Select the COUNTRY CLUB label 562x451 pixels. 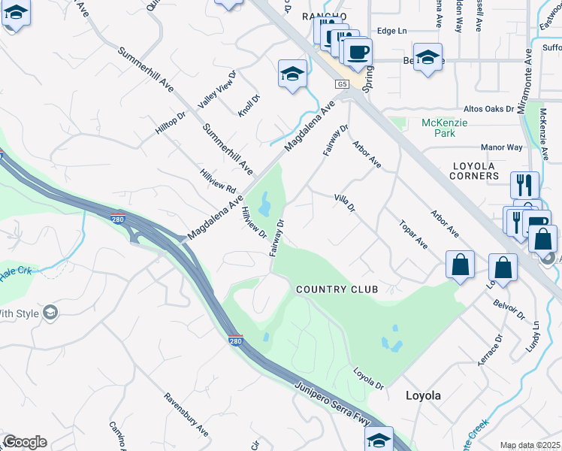336,289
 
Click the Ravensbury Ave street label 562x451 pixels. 186,414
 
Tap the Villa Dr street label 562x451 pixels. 344,202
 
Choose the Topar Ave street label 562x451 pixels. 414,235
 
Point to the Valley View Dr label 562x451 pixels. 217,90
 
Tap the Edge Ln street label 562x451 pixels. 391,31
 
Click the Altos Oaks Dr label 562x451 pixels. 489,109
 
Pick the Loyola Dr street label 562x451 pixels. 369,379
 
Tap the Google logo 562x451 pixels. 25,442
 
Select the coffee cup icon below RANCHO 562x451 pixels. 358,53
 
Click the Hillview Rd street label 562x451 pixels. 219,180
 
